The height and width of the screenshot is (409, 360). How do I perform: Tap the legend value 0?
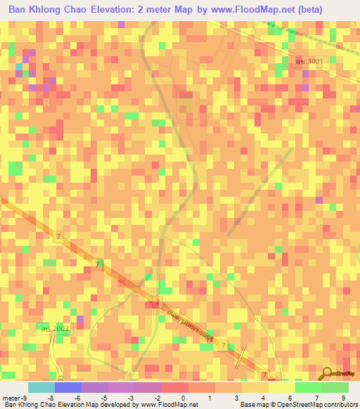tap(182, 398)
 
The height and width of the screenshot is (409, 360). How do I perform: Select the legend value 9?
tap(343, 398)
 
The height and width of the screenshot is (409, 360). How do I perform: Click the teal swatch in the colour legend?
tap(41, 387)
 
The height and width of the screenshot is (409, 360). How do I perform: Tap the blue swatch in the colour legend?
tap(68, 387)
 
